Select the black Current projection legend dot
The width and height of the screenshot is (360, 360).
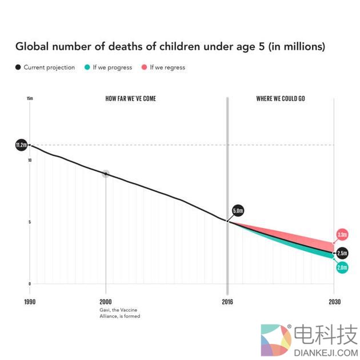click(18, 67)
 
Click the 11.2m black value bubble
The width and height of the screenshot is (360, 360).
click(21, 146)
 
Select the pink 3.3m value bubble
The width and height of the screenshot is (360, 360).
click(342, 234)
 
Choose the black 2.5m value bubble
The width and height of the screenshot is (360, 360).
click(342, 253)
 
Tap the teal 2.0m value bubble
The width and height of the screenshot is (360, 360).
click(342, 267)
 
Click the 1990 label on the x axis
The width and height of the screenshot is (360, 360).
click(30, 302)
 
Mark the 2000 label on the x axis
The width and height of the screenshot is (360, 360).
click(106, 302)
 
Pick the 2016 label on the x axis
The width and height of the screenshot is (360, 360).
click(228, 302)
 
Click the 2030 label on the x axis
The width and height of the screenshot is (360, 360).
click(334, 302)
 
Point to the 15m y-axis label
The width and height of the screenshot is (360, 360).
click(30, 99)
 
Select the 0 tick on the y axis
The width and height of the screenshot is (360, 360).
click(29, 283)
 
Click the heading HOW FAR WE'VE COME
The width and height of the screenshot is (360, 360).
click(131, 99)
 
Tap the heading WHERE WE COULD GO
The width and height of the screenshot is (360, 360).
click(281, 99)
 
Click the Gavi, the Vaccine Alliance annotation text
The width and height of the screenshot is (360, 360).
click(119, 313)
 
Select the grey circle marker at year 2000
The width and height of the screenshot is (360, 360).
click(106, 174)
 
